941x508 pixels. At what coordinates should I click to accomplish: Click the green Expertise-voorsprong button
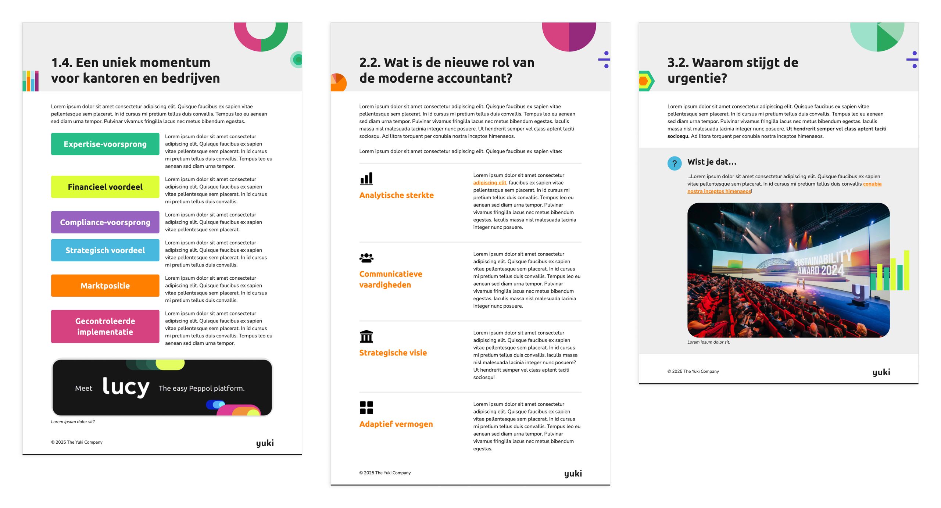105,144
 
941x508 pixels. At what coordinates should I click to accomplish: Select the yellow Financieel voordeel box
105,187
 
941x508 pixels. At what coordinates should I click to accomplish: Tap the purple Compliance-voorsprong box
105,222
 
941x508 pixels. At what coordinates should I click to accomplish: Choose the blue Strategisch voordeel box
105,250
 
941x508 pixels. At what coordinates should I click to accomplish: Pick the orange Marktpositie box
105,286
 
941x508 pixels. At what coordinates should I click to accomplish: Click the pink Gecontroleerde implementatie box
105,326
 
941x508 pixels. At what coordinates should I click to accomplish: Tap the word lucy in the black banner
126,387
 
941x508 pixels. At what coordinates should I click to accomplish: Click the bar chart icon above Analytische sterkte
366,179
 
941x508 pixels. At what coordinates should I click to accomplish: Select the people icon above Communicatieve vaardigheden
366,258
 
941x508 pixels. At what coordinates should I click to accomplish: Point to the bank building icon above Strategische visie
366,336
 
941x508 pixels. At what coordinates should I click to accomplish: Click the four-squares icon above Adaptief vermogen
366,408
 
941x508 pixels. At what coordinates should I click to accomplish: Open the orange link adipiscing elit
490,183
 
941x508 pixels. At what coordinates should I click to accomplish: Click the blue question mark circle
675,163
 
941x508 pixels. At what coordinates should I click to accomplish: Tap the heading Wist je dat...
712,162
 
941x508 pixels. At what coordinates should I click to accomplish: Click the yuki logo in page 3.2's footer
881,372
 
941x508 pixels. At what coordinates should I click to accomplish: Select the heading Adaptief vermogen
396,424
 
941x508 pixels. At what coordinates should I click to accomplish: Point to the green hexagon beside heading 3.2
646,81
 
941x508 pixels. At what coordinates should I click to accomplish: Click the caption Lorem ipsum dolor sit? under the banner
73,422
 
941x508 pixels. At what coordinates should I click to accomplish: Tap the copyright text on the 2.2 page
385,473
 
